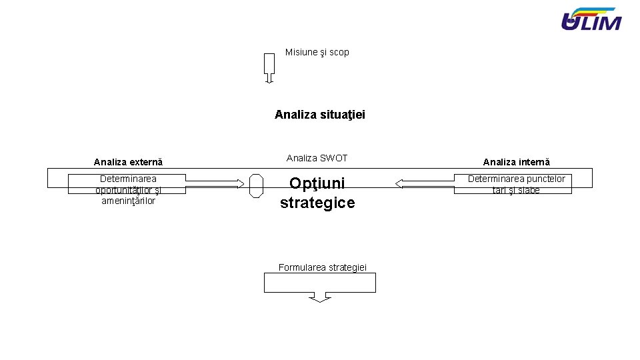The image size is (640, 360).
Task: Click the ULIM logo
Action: point(591,19)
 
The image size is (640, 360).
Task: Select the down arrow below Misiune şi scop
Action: point(269,67)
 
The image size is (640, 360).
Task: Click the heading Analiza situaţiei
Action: point(320,115)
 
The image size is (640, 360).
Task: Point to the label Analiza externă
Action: point(128,162)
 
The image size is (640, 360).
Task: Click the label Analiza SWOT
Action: point(317,158)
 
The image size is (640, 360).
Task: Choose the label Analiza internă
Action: point(516,162)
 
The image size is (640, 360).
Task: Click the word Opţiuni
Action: point(317,183)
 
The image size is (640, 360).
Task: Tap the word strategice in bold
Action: point(317,203)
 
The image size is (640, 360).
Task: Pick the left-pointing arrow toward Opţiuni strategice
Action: point(424,184)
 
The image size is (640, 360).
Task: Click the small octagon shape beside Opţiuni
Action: point(256,185)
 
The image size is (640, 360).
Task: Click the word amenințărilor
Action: point(128,201)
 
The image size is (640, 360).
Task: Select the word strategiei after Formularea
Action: point(347,267)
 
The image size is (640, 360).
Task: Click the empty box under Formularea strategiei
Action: point(320,283)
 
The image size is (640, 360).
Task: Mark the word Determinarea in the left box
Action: point(128,179)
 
